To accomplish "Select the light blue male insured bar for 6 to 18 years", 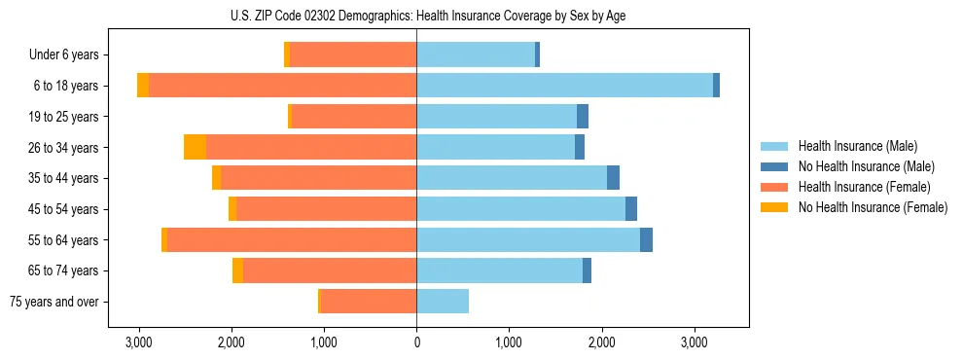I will click(x=564, y=86).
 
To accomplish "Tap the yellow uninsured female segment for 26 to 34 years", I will click(x=195, y=147).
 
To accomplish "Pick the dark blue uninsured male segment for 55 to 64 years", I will click(x=646, y=240).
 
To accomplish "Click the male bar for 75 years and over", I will click(x=443, y=302).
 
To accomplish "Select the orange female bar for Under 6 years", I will click(x=352, y=54).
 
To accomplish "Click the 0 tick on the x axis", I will click(x=416, y=343).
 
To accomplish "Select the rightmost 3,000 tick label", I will click(x=694, y=343).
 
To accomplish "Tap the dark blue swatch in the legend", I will click(x=774, y=166).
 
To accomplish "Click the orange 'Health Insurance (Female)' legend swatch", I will click(x=774, y=187).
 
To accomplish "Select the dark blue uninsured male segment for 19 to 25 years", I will click(x=583, y=117).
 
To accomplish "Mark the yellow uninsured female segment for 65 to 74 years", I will click(x=237, y=270).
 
